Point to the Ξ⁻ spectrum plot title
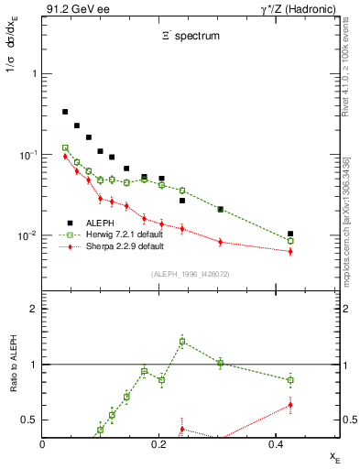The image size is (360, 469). (x=182, y=37)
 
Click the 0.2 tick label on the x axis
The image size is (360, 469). (x=158, y=443)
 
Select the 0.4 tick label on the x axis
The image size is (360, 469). (x=274, y=443)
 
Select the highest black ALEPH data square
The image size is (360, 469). (x=65, y=112)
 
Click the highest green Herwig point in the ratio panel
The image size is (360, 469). (x=182, y=342)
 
